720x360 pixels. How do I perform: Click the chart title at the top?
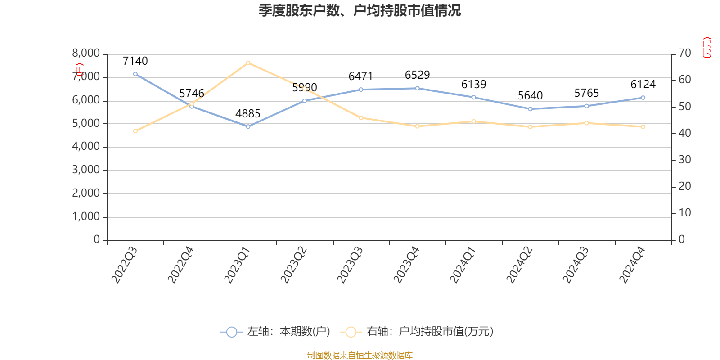tap(360, 10)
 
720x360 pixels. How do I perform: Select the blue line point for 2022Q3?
tap(135, 74)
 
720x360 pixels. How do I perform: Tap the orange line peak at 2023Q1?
tap(248, 63)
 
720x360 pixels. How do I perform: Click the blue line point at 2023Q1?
tap(248, 126)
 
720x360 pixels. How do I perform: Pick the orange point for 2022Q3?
tap(135, 131)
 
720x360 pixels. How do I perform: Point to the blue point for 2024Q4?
tap(643, 98)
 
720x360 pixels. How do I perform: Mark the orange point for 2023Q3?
tap(361, 118)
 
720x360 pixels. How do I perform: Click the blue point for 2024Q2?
tap(530, 109)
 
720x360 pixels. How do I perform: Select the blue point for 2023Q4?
tap(418, 88)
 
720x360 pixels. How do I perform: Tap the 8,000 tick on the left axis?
tap(86, 54)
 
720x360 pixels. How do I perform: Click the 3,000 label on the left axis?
tap(86, 170)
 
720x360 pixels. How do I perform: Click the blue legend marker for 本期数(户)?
tap(231, 332)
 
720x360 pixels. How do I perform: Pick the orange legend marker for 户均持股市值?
tap(351, 332)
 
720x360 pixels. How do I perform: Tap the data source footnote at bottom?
tap(360, 355)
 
